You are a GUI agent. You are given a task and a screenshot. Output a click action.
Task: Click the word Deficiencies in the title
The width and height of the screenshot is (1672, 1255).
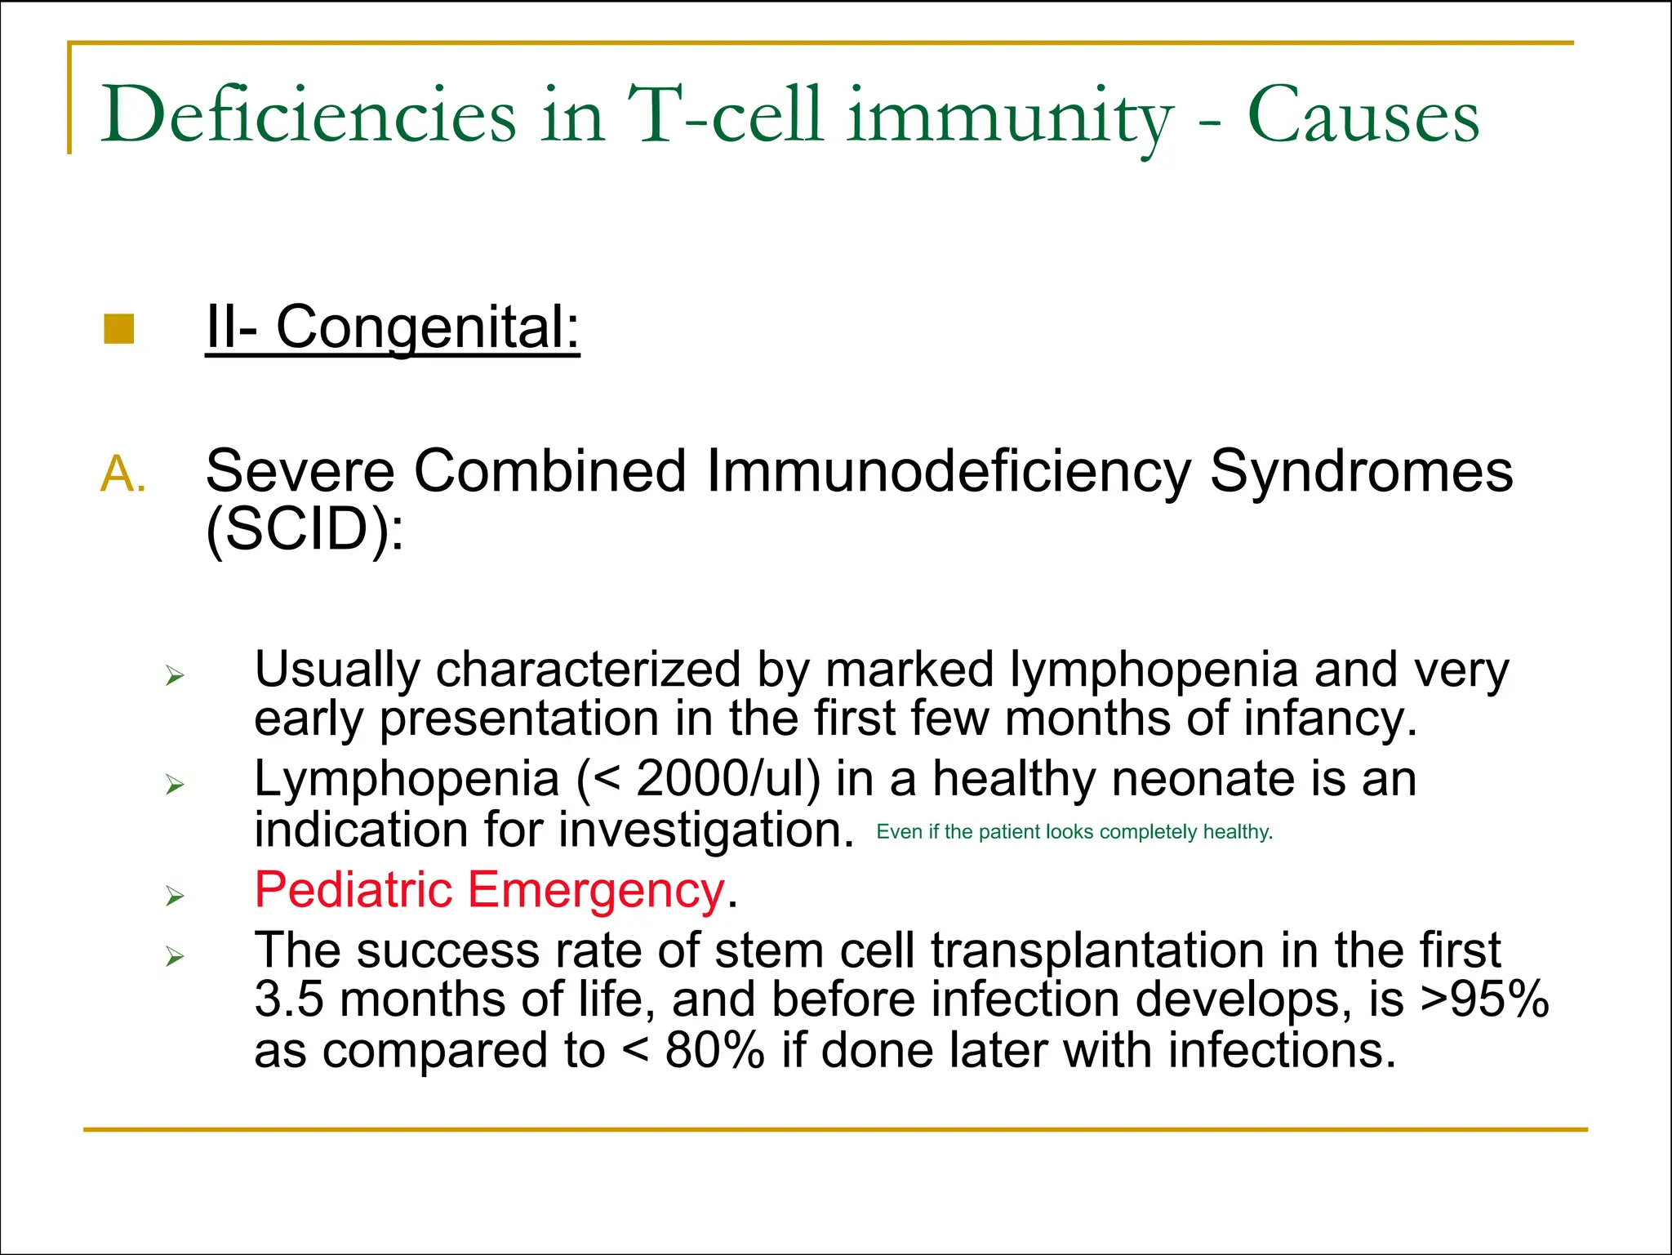click(309, 116)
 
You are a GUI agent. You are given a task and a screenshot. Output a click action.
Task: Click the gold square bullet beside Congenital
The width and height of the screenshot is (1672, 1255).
click(119, 330)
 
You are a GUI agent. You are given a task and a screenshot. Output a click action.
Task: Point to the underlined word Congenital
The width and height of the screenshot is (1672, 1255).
click(427, 328)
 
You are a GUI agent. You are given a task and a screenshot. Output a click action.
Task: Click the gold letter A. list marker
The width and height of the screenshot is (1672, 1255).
click(123, 474)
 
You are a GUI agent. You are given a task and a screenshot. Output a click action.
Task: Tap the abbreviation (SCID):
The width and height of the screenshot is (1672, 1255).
click(305, 529)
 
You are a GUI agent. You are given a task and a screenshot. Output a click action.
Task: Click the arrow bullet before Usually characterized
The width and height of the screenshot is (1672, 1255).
click(175, 676)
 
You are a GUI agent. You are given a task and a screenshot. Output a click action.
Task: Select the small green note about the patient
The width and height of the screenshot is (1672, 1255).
click(1074, 832)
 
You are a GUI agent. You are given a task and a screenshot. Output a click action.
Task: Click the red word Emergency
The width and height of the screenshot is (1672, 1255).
click(596, 890)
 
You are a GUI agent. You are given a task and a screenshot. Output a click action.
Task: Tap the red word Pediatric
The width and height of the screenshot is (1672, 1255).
click(353, 890)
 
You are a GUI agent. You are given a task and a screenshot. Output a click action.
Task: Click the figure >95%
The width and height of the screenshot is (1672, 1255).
click(1484, 1000)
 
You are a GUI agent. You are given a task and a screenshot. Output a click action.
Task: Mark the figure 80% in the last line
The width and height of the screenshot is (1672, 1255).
click(714, 1051)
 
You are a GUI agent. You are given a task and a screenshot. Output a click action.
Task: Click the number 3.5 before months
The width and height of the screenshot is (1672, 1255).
click(288, 1000)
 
